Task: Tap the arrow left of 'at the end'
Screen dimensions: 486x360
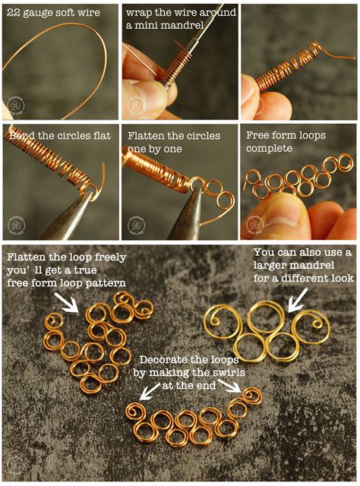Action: pyautogui.click(x=151, y=390)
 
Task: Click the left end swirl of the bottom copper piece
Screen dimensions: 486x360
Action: pyautogui.click(x=136, y=413)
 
